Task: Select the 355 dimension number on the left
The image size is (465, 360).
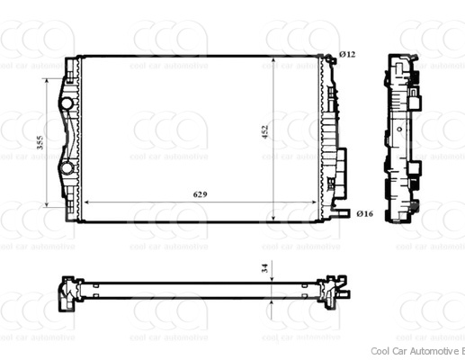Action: coord(39,141)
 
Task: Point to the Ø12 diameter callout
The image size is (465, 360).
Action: coord(347,55)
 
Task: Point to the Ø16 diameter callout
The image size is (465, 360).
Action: coord(363,213)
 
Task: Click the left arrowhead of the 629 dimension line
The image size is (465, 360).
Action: coord(85,203)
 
